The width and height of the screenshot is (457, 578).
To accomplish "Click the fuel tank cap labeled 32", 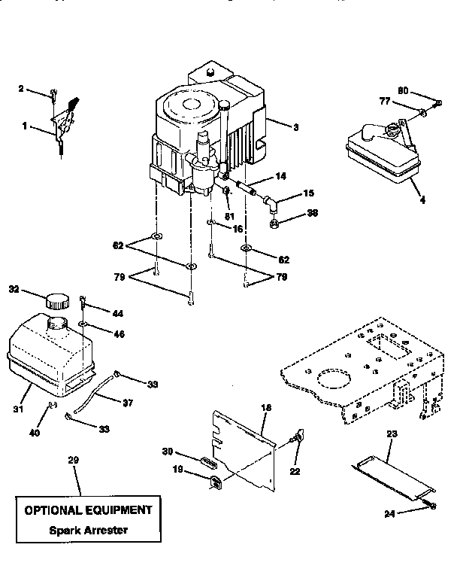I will pyautogui.click(x=57, y=300).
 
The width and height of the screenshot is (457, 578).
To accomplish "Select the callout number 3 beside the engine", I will pyautogui.click(x=295, y=127).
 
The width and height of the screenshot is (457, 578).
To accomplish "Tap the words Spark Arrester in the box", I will pyautogui.click(x=89, y=530).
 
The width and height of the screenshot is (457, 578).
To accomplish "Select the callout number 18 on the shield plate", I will pyautogui.click(x=265, y=407).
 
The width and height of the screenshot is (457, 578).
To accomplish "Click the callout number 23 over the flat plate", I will pyautogui.click(x=392, y=434).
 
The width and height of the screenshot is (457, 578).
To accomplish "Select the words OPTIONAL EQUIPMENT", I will pyautogui.click(x=89, y=510).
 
